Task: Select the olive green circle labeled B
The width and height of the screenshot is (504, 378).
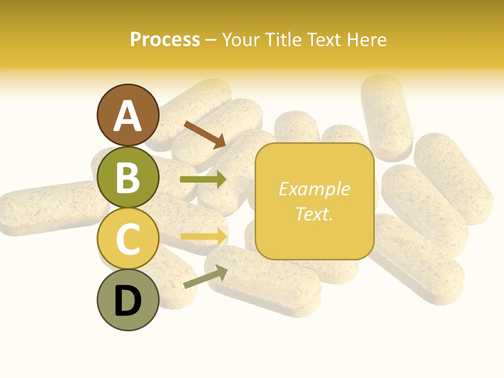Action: point(128,177)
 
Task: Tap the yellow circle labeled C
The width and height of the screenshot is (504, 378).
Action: point(128,239)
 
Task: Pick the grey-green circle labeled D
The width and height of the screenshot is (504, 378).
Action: point(128,300)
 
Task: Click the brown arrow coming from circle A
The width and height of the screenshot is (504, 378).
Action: point(205,134)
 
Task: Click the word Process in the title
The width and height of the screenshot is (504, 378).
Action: point(165,40)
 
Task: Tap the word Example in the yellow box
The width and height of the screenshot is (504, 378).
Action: point(314,189)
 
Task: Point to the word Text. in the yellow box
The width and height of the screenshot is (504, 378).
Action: point(314,214)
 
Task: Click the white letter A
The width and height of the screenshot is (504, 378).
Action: point(128,116)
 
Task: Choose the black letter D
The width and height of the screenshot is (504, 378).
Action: point(128,301)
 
